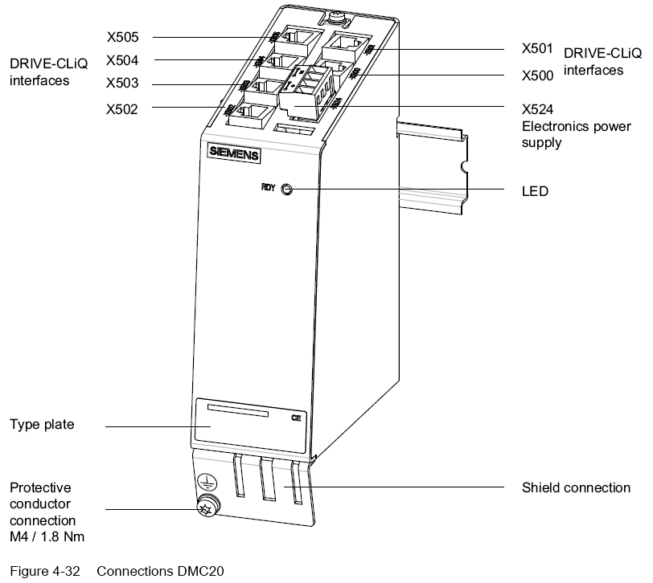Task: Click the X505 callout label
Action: click(121, 36)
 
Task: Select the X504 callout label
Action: click(121, 59)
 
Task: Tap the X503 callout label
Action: click(121, 84)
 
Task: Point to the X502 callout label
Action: click(121, 108)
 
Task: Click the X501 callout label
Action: click(537, 49)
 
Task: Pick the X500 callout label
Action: click(537, 75)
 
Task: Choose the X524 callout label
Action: click(537, 109)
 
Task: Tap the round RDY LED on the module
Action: click(287, 190)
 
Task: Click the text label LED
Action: click(535, 192)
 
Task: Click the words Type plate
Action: click(42, 424)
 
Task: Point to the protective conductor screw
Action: click(207, 507)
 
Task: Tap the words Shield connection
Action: click(576, 487)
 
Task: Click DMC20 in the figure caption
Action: click(200, 571)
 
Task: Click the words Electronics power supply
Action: click(576, 135)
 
